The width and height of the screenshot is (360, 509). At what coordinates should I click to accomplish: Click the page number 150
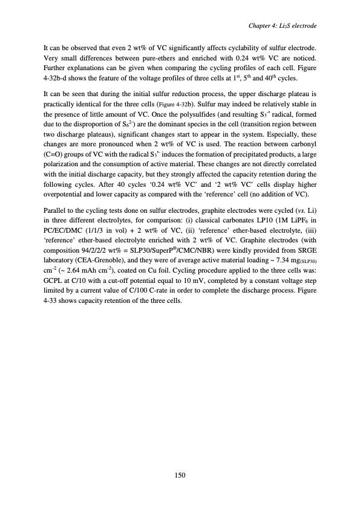pyautogui.click(x=180, y=475)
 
